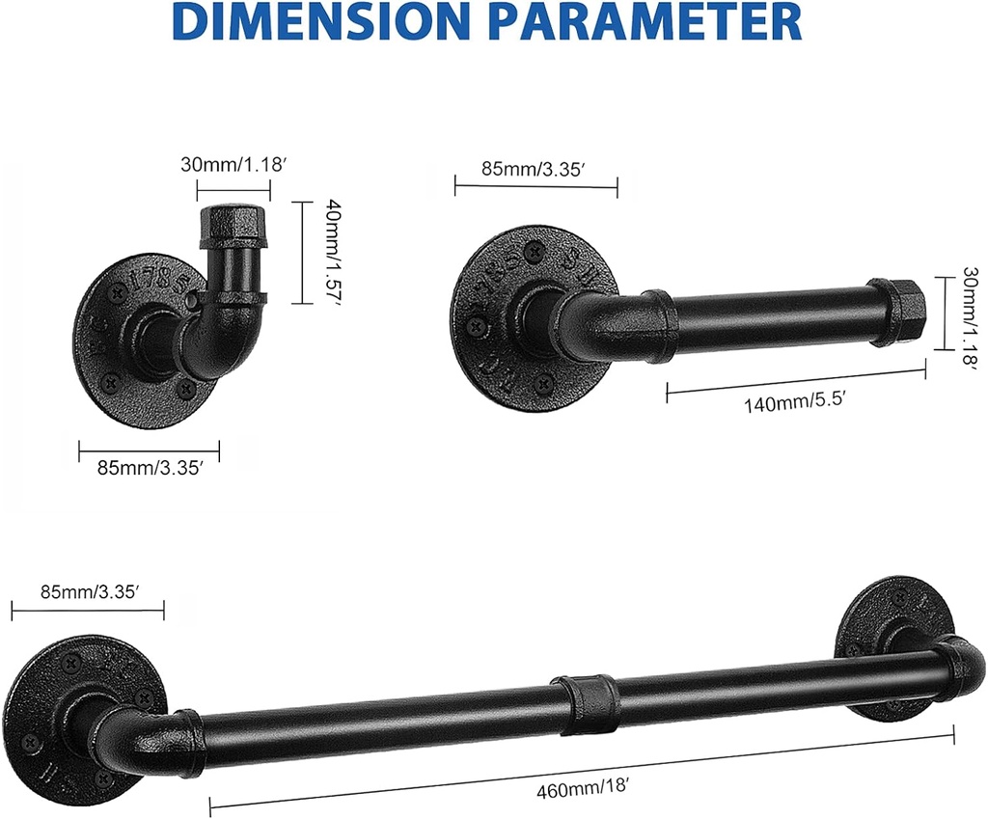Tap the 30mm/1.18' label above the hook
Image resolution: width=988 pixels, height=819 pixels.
click(x=234, y=165)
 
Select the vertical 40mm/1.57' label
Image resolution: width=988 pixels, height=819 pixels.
click(x=325, y=252)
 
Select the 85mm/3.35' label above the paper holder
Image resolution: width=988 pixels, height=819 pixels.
click(x=535, y=170)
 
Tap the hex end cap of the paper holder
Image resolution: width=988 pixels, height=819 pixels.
click(x=899, y=311)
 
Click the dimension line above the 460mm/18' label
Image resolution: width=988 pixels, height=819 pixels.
click(x=579, y=772)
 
